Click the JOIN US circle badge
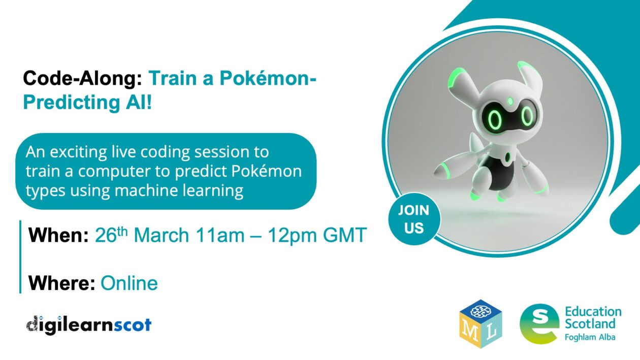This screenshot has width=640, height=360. coord(413,218)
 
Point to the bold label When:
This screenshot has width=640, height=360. coord(58,236)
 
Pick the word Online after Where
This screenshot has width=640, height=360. coord(129,283)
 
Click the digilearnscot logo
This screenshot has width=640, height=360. coord(89,324)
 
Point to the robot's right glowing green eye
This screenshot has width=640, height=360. coord(527,117)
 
